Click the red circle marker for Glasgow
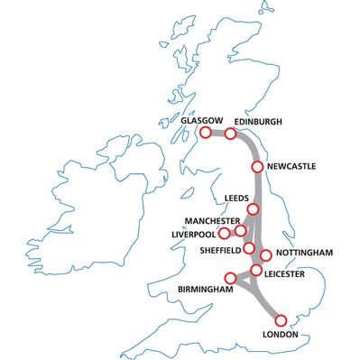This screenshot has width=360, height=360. click(206, 132)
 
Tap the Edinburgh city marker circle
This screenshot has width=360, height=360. click(230, 134)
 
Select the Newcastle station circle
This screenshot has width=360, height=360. click(257, 167)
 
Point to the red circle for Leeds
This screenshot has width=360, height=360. click(254, 209)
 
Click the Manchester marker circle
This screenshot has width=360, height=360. click(240, 230)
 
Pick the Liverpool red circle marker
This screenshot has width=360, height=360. click(224, 233)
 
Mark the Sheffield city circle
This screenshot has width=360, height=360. click(249, 247)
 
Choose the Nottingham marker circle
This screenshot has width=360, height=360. click(266, 255)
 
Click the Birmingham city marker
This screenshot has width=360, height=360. click(231, 277)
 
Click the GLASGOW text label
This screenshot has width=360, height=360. click(199, 118)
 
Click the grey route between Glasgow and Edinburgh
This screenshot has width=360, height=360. click(218, 133)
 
